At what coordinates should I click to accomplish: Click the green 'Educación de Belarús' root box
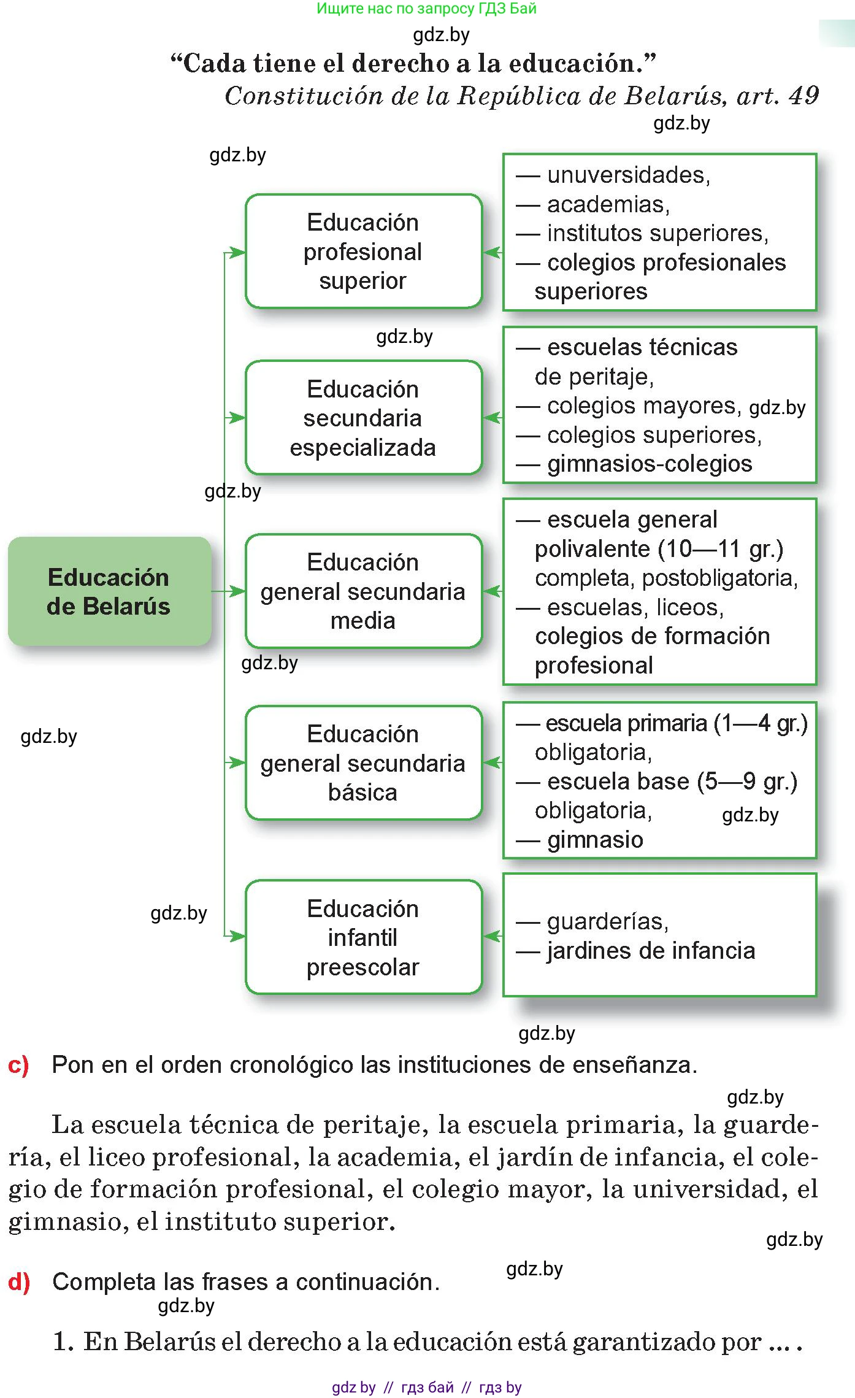(109, 591)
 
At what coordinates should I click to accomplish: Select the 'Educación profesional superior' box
(364, 251)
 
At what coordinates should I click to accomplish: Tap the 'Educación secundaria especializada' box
(364, 418)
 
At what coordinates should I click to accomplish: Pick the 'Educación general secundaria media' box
(364, 591)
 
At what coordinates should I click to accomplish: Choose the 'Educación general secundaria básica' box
(364, 762)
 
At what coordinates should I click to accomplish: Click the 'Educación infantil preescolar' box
(364, 937)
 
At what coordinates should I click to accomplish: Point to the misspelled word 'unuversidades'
(628, 175)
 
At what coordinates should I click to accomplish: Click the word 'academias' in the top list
(608, 204)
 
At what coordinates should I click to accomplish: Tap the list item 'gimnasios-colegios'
(650, 464)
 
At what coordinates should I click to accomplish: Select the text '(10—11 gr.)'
(721, 548)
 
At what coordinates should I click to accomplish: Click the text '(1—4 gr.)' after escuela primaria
(761, 723)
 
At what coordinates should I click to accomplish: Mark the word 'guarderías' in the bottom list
(607, 921)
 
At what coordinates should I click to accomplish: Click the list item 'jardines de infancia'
(651, 951)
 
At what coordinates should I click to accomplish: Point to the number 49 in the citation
(803, 96)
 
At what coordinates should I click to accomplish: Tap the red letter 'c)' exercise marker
(18, 1065)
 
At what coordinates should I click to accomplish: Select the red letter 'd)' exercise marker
(19, 1282)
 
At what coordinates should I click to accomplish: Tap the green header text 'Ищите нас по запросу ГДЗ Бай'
(426, 9)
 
